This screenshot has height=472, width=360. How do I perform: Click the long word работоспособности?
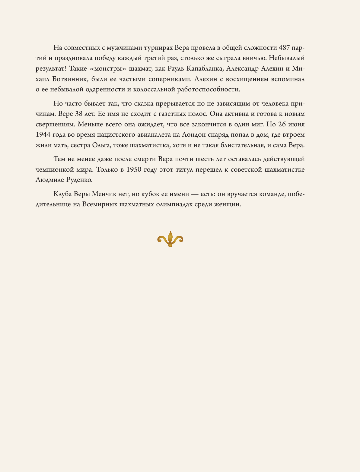[209, 89]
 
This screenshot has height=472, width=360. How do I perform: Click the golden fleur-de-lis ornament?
[170, 239]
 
